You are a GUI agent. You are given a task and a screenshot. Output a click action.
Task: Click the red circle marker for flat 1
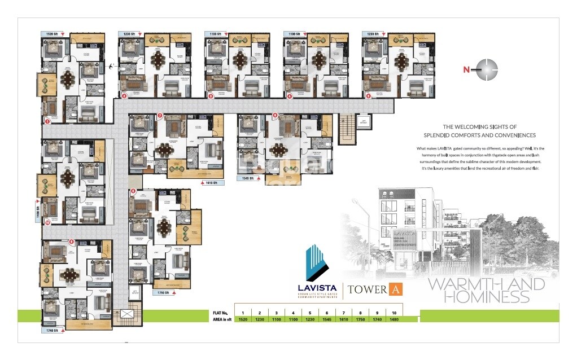point(47,121)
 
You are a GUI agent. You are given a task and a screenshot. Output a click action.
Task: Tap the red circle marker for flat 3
point(211,96)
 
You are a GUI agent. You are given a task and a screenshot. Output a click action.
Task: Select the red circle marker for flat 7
point(160,116)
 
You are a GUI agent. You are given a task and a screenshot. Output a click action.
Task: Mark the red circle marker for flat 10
point(47,222)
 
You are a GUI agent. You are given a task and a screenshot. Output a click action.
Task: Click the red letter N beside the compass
point(466,70)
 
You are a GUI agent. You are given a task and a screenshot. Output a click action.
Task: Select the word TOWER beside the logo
point(368,290)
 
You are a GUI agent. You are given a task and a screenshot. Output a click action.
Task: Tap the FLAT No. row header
point(220,312)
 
